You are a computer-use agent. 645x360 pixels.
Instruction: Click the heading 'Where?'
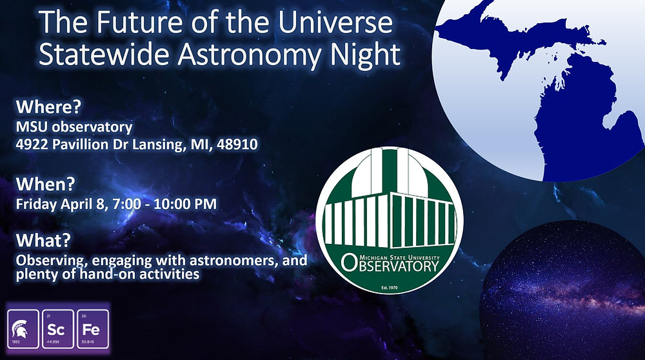[x=45, y=106]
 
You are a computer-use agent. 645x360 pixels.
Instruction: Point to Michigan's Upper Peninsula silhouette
[x=510, y=32]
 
